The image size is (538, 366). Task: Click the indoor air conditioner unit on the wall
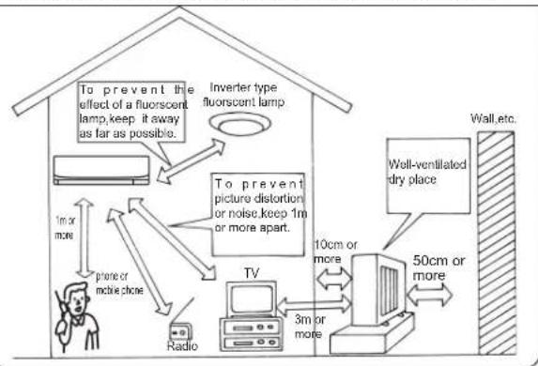point(101,170)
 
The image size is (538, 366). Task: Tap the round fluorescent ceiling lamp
point(240,124)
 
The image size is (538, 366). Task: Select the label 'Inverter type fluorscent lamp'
point(243,95)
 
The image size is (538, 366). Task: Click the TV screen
point(253,298)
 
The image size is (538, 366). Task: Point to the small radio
point(181,331)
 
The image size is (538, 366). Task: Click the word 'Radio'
point(182,345)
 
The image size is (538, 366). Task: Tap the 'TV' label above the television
point(252,273)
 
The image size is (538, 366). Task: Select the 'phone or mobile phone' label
point(119,283)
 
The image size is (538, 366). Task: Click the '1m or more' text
point(65,228)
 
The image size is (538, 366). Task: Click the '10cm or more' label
point(335,252)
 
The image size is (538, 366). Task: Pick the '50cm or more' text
point(438,267)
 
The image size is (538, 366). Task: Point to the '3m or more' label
point(310,327)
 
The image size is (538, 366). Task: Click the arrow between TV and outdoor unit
point(314,305)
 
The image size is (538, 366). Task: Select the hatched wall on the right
point(496,243)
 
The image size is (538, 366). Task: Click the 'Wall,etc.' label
point(493,118)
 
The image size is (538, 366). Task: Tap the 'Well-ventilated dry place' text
point(427,172)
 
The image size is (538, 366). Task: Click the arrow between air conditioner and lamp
point(191,160)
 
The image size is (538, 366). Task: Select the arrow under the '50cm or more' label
point(430,295)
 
